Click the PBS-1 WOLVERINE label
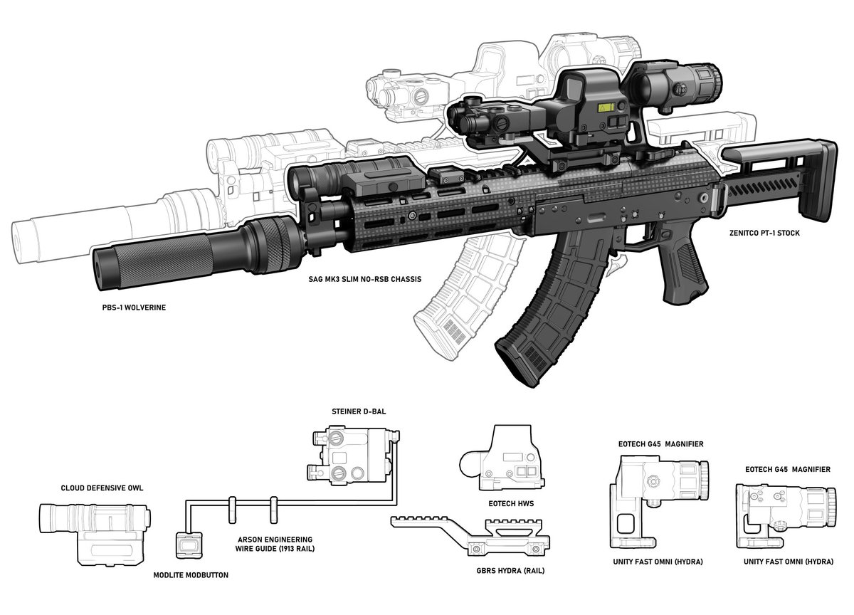pyautogui.click(x=134, y=307)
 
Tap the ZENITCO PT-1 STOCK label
pyautogui.click(x=764, y=233)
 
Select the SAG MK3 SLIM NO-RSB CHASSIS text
pyautogui.click(x=365, y=279)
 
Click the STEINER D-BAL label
pyautogui.click(x=359, y=411)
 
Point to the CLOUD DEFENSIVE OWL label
pyautogui.click(x=102, y=488)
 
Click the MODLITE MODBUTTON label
pyautogui.click(x=191, y=575)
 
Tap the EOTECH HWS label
pyautogui.click(x=511, y=504)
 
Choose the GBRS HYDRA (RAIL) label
pyautogui.click(x=510, y=571)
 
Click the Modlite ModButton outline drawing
pyautogui.click(x=189, y=545)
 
